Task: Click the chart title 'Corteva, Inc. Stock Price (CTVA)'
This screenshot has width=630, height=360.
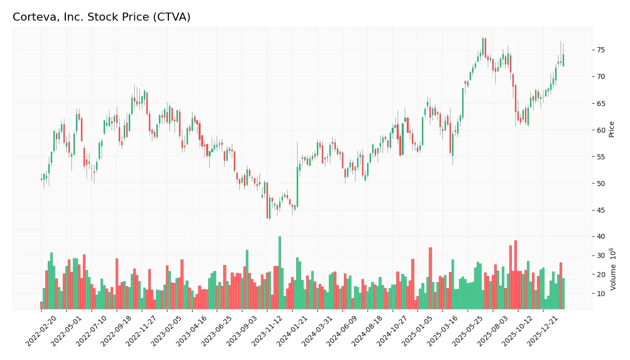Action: (x=102, y=17)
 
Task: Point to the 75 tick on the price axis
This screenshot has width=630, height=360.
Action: (x=600, y=50)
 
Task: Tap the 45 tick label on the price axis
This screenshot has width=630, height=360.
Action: (x=600, y=210)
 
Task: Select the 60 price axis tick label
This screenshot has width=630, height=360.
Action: (x=600, y=130)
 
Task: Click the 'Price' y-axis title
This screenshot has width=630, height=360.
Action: (x=611, y=129)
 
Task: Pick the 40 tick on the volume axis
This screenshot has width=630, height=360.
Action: (x=600, y=236)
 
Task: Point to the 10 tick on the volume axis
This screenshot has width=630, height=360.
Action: (x=600, y=294)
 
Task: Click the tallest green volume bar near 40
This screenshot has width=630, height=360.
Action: (x=280, y=273)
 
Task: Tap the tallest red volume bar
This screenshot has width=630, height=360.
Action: (x=515, y=275)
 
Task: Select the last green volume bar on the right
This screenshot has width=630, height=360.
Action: (x=563, y=294)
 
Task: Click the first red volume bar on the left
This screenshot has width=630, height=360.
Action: (x=41, y=305)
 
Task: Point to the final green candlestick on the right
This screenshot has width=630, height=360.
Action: (x=563, y=60)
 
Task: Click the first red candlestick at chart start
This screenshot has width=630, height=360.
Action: (x=41, y=179)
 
